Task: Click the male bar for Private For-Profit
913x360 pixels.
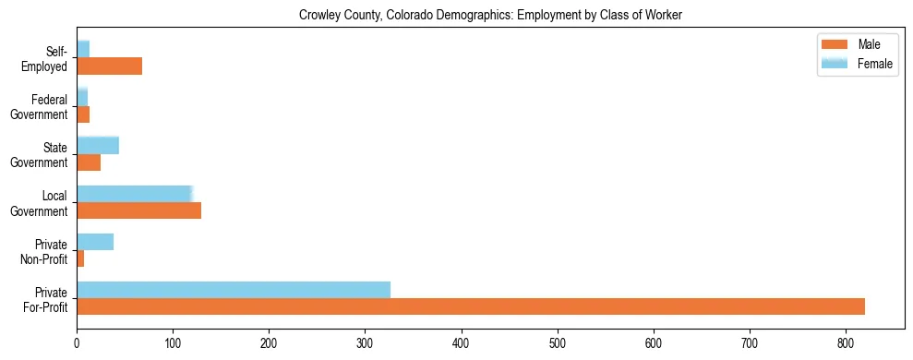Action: [471, 307]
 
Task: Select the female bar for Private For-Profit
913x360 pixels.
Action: [234, 290]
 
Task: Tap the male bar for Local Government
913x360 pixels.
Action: [138, 210]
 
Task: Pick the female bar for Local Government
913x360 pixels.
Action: [134, 194]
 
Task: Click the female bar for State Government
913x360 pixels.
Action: [98, 145]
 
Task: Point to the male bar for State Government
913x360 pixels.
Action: [89, 162]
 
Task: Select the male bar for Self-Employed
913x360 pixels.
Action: [109, 66]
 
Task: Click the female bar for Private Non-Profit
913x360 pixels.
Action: [95, 242]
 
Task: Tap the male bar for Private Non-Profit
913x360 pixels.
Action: [80, 259]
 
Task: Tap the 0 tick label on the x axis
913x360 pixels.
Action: [77, 343]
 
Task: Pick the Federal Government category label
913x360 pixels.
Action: [43, 106]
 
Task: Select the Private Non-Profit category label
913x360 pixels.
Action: [46, 251]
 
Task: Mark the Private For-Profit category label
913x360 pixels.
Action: [46, 299]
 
